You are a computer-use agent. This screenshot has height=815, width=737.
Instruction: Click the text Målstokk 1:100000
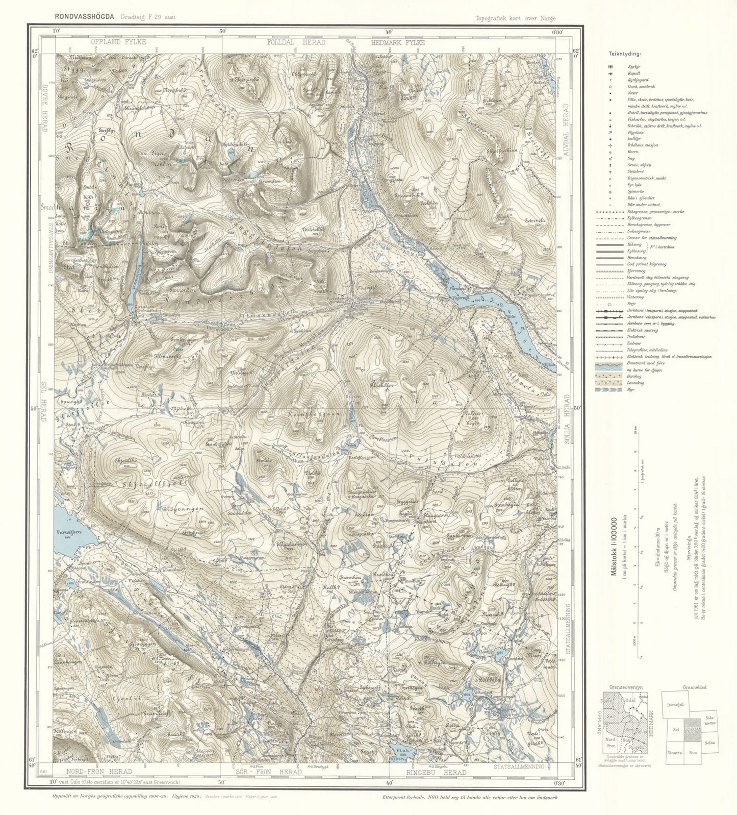coord(614,547)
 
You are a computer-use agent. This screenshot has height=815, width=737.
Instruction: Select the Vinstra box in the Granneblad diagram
coord(675,753)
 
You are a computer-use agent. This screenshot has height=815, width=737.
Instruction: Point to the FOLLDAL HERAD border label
coord(296,42)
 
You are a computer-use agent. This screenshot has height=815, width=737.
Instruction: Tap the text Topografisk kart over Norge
coord(515,18)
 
